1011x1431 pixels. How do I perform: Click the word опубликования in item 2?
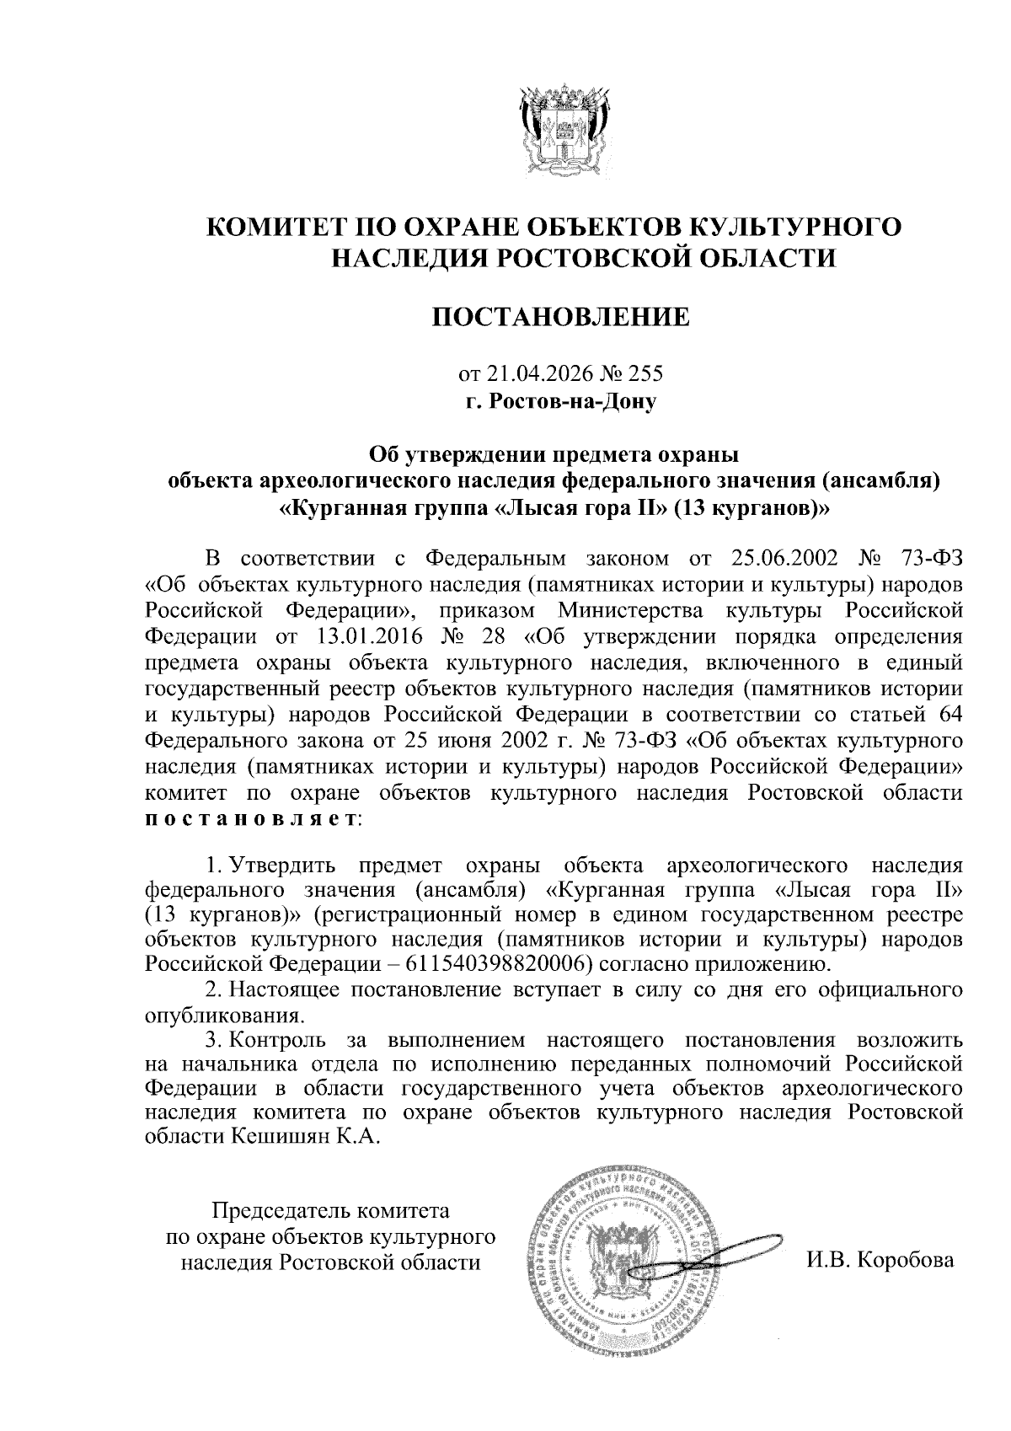pos(223,1013)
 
